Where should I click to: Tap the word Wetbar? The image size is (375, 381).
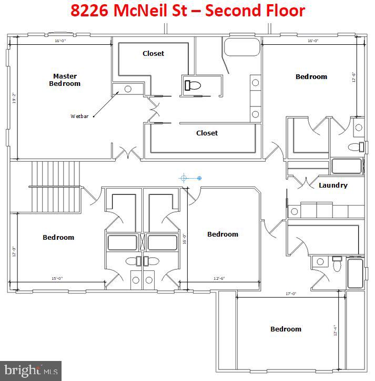click(x=79, y=116)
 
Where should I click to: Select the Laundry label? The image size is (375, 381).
click(x=333, y=185)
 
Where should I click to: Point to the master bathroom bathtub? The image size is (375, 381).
click(x=242, y=47)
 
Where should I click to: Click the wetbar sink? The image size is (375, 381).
click(x=127, y=89)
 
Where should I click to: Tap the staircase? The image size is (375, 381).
click(x=56, y=186)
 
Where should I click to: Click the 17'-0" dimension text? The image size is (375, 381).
click(x=290, y=294)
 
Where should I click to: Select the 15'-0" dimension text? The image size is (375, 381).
click(x=57, y=278)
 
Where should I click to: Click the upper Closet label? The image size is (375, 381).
click(x=153, y=53)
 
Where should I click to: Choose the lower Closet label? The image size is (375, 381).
click(x=207, y=133)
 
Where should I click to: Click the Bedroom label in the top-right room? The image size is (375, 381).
click(x=311, y=76)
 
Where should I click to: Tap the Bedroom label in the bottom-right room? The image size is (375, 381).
click(x=286, y=329)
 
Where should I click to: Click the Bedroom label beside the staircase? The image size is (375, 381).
click(x=58, y=237)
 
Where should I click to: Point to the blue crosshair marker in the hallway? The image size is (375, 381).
click(x=184, y=178)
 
